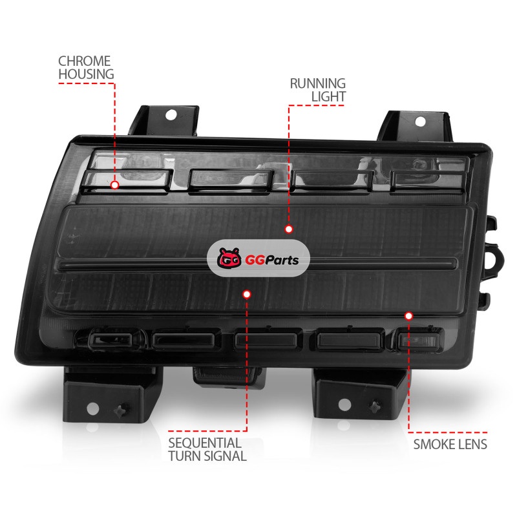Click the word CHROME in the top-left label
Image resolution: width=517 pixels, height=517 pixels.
pyautogui.click(x=85, y=61)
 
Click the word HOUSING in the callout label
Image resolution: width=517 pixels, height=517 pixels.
pyautogui.click(x=87, y=74)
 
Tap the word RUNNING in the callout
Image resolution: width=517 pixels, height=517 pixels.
pyautogui.click(x=318, y=83)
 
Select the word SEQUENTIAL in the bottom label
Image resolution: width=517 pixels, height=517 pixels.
pyautogui.click(x=205, y=443)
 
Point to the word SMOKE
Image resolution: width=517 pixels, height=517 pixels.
pyautogui.click(x=434, y=445)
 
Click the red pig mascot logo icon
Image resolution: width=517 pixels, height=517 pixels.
pyautogui.click(x=229, y=258)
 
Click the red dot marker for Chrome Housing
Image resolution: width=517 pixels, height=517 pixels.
pyautogui.click(x=115, y=185)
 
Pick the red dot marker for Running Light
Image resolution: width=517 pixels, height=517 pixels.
pyautogui.click(x=289, y=229)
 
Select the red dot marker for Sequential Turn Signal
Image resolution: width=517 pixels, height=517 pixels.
pyautogui.click(x=247, y=294)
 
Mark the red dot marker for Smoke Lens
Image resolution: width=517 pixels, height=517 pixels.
pyautogui.click(x=408, y=316)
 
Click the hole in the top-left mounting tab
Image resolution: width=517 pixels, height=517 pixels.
pyautogui.click(x=171, y=115)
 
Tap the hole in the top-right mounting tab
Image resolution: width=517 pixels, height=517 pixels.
pyautogui.click(x=420, y=121)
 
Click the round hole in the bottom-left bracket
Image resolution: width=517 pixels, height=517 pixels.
pyautogui.click(x=92, y=409)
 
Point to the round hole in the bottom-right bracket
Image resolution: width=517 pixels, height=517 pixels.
pyautogui.click(x=344, y=405)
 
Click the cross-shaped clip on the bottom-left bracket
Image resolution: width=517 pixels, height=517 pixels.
pyautogui.click(x=121, y=410)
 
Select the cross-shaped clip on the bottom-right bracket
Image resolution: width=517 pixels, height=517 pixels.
pyautogui.click(x=375, y=407)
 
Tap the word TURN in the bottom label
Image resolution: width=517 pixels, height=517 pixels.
pyautogui.click(x=184, y=456)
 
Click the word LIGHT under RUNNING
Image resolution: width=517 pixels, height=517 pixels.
pyautogui.click(x=328, y=96)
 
